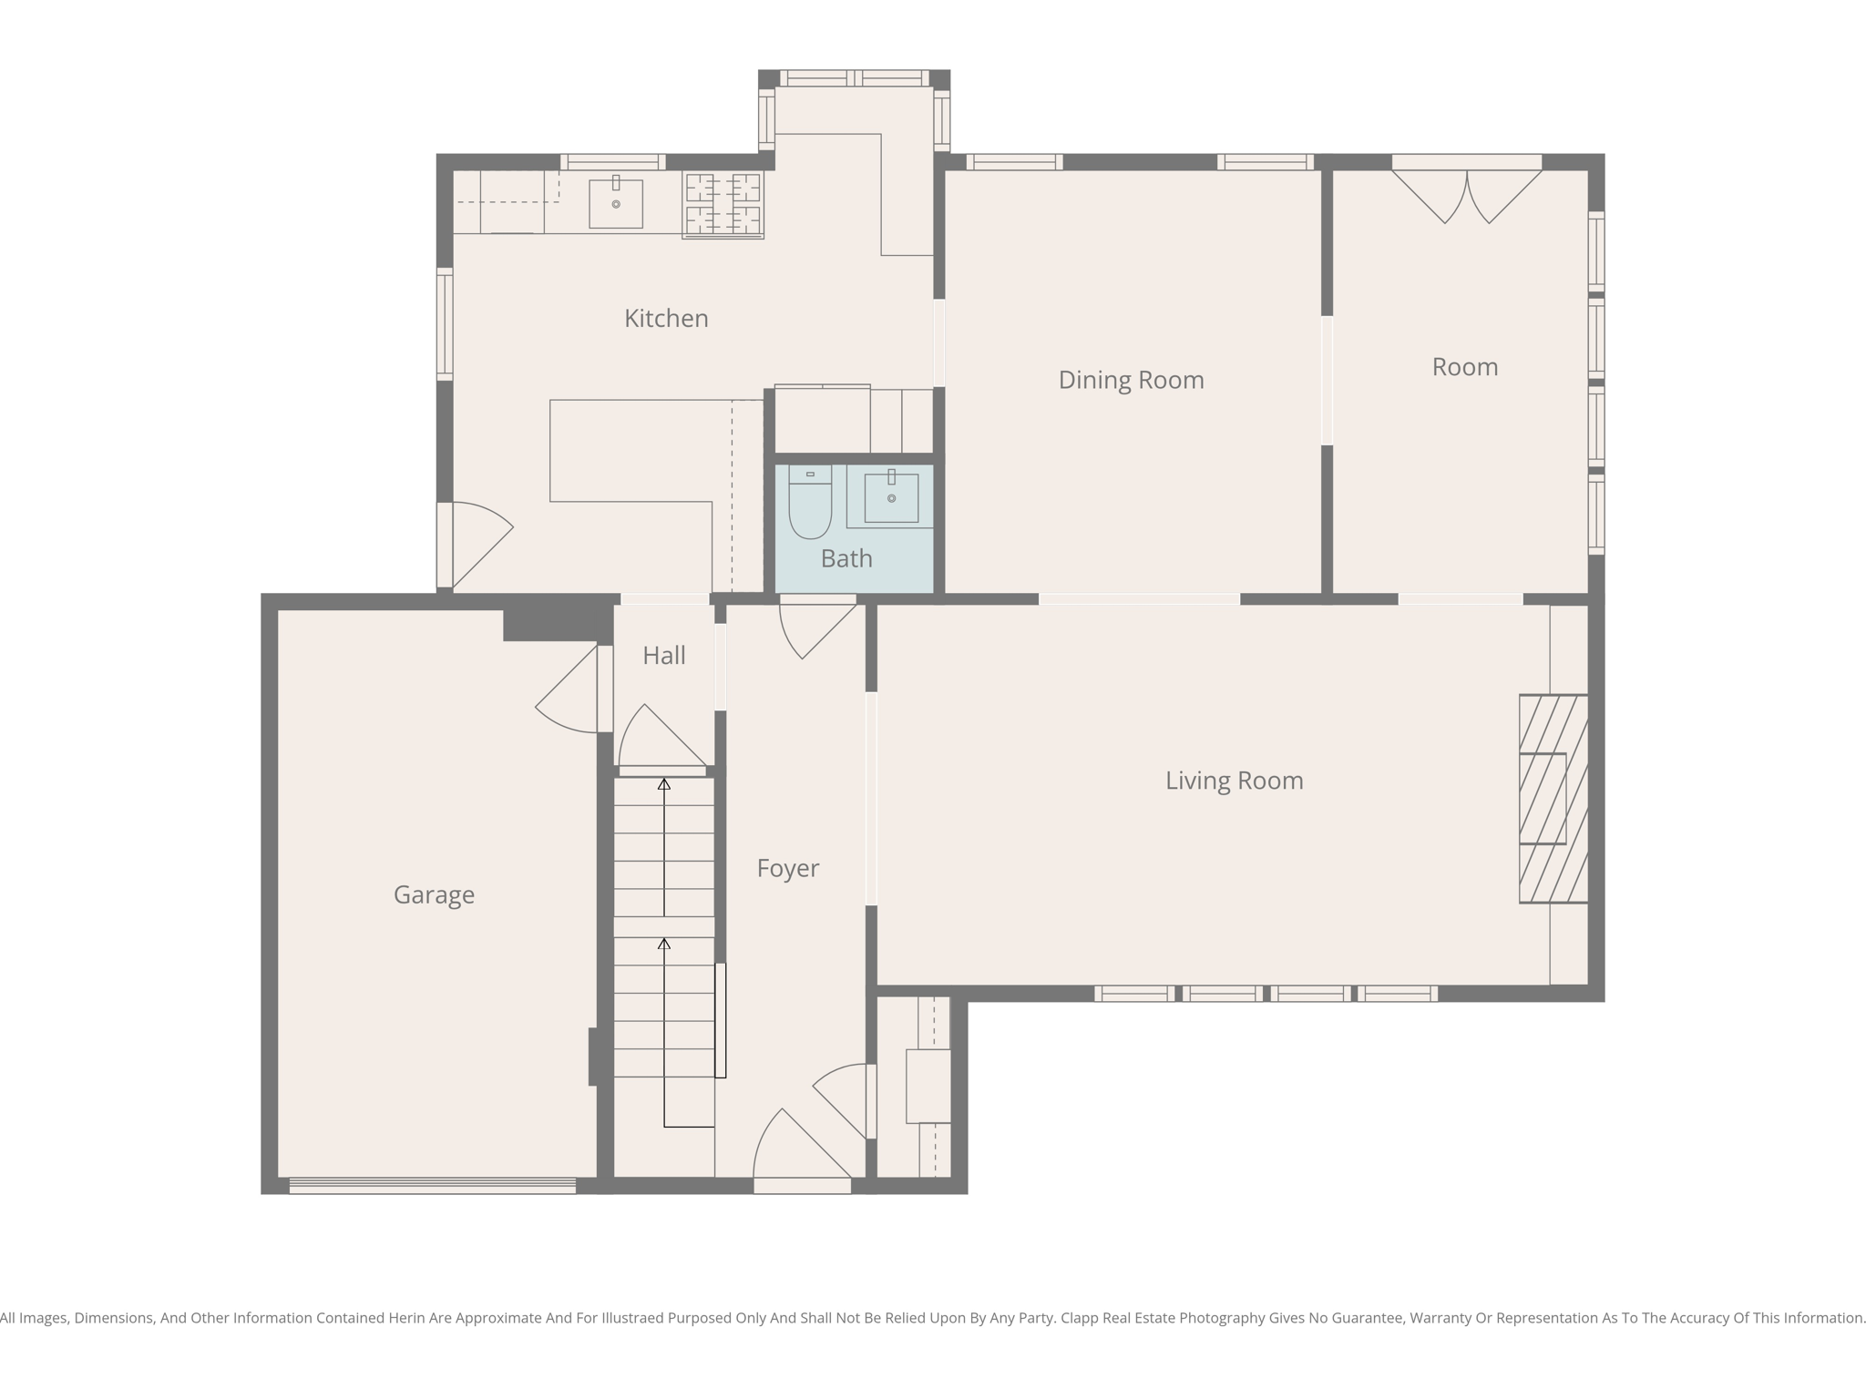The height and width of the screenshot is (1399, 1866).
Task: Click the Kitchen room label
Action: (666, 319)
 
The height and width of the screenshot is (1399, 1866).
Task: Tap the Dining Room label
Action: (1131, 380)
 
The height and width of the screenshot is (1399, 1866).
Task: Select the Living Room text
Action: (1234, 781)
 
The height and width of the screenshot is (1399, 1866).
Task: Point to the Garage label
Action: (434, 895)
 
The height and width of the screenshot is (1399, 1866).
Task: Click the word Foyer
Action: (787, 869)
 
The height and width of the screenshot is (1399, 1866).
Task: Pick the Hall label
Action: (663, 656)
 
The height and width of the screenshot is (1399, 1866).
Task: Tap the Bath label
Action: (846, 559)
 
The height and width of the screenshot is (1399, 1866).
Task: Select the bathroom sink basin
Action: (891, 498)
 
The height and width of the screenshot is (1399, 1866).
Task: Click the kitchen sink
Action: (616, 204)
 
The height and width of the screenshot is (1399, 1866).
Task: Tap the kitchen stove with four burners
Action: (723, 205)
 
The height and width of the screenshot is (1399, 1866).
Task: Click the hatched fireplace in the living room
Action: (1553, 799)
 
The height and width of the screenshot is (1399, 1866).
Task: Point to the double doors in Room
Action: (1466, 194)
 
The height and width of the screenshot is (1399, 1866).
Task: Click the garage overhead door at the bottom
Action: (433, 1185)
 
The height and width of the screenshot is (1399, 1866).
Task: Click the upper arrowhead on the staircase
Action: (664, 784)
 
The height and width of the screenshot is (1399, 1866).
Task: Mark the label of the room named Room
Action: (1464, 367)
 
